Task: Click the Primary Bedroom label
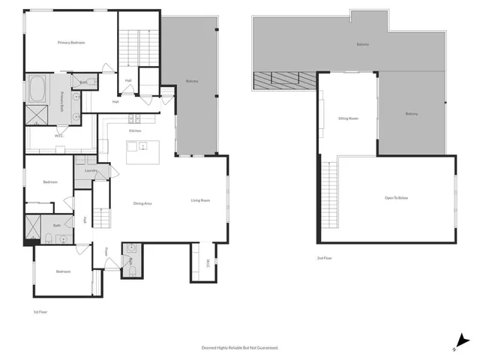(71, 43)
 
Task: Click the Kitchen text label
(135, 130)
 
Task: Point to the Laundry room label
(91, 171)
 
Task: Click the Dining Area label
(143, 203)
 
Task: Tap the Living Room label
(200, 200)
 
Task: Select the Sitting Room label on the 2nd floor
(348, 118)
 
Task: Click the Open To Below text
(396, 198)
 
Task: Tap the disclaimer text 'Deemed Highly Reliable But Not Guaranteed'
(240, 347)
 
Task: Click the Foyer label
(107, 250)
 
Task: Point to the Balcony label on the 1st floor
(192, 81)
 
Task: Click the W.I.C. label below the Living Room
(208, 264)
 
